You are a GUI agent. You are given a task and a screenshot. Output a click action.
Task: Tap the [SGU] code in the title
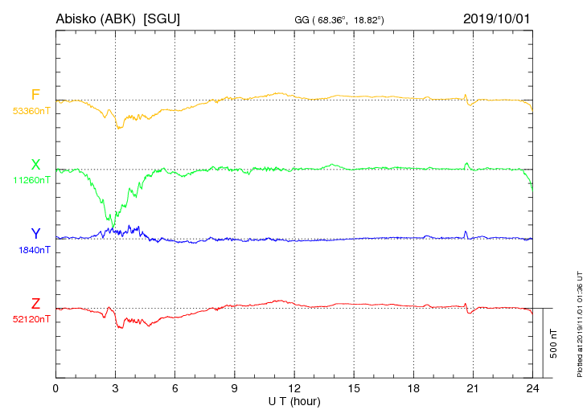pyautogui.click(x=161, y=18)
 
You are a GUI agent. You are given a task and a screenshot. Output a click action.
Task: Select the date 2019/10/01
pyautogui.click(x=497, y=18)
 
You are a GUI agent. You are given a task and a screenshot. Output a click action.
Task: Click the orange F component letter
pyautogui.click(x=35, y=96)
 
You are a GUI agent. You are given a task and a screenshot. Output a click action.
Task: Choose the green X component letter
pyautogui.click(x=35, y=165)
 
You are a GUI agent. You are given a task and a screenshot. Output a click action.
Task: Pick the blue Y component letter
pyautogui.click(x=35, y=234)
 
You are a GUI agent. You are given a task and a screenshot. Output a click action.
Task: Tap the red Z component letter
pyautogui.click(x=35, y=303)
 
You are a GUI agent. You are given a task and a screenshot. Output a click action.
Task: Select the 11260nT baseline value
pyautogui.click(x=31, y=181)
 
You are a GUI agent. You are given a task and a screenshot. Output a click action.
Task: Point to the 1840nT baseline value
pyautogui.click(x=34, y=250)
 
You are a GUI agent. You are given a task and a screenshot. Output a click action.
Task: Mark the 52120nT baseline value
pyautogui.click(x=31, y=319)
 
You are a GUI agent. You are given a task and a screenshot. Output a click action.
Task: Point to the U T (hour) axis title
pyautogui.click(x=294, y=400)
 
